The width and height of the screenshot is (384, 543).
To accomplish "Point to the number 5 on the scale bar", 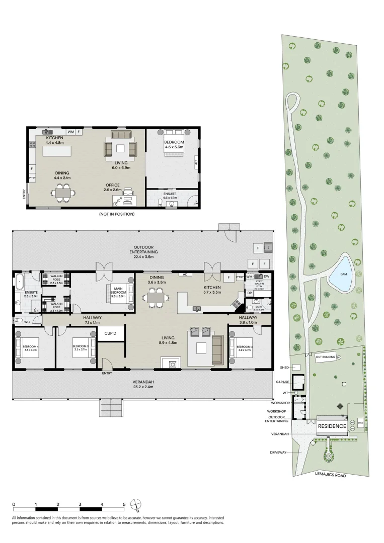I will pos(124,504).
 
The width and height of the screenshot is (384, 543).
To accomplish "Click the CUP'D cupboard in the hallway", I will pos(111,333).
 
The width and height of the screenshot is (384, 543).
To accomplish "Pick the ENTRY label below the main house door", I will pos(107,373).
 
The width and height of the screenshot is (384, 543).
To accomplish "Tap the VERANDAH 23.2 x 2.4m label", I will pos(144,385).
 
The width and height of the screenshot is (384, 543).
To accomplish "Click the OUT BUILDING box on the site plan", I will pos(326,357).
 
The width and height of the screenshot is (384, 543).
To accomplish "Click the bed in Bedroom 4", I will pos(25,347).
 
